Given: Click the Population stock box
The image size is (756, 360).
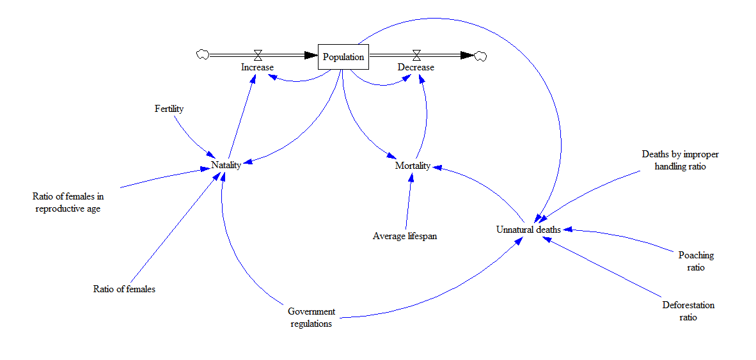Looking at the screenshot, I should click(343, 57).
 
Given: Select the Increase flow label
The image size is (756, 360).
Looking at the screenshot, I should click(257, 67).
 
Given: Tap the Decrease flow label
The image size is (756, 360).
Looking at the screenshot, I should click(416, 67).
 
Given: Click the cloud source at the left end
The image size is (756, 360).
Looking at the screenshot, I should click(203, 55).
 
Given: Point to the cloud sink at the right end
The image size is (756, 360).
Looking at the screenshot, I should click(480, 56).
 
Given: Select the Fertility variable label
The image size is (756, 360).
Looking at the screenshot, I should click(169, 109).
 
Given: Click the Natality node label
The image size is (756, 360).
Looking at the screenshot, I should click(226, 165).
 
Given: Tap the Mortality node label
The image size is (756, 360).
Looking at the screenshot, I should click(413, 166).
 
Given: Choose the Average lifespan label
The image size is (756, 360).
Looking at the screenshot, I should click(404, 236).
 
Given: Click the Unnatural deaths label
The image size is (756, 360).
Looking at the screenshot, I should click(528, 230).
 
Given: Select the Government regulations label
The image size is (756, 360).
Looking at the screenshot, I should click(311, 317).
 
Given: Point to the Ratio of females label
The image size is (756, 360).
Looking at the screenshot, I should click(124, 289).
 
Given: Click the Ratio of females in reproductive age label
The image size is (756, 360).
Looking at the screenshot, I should click(68, 202).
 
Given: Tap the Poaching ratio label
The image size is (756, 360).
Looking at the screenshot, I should click(696, 261).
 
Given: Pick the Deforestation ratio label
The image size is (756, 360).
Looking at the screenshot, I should click(688, 311).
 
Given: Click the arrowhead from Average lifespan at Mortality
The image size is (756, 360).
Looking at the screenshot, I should click(411, 177).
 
